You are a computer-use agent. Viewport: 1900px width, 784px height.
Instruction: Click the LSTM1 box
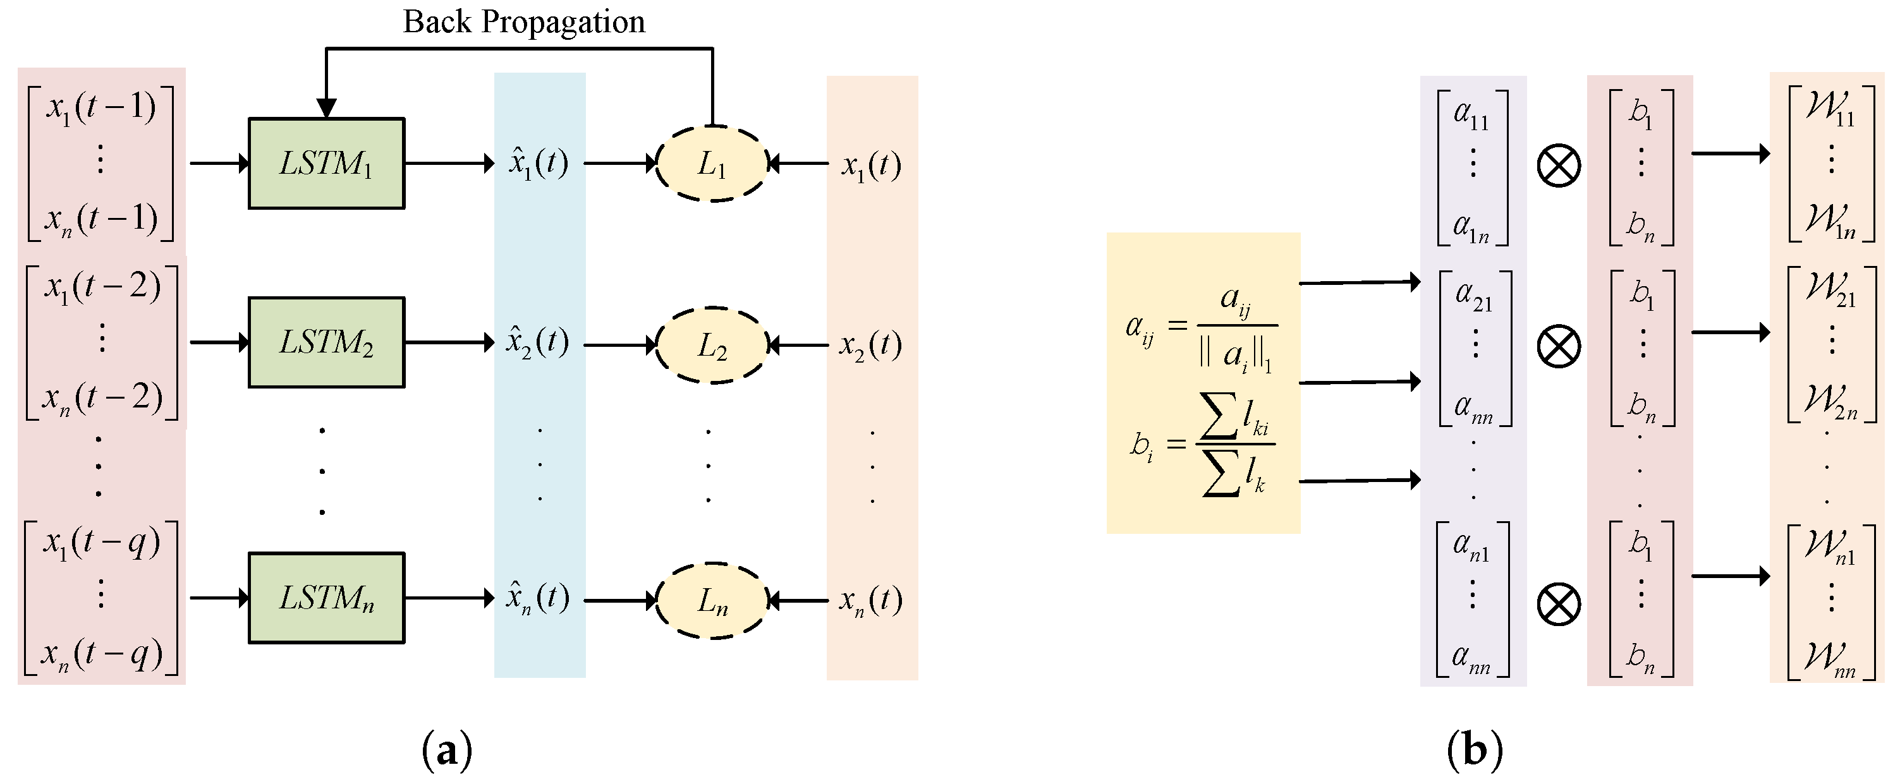[326, 163]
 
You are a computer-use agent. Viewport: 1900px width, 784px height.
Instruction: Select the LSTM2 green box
[326, 342]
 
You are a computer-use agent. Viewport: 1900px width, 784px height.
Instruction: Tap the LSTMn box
[326, 598]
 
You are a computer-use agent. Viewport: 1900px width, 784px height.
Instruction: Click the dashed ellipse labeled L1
[712, 164]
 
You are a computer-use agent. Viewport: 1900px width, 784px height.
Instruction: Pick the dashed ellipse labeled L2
[712, 345]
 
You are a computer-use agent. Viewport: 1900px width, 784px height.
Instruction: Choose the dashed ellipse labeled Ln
[712, 600]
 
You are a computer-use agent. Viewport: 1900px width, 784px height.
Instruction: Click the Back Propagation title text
[524, 22]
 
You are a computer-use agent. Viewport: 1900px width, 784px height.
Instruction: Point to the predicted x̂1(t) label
[539, 163]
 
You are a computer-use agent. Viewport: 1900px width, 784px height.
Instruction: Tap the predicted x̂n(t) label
[538, 598]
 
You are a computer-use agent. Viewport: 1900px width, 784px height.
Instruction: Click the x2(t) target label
[870, 344]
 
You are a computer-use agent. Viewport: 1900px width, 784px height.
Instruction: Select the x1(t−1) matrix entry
[101, 107]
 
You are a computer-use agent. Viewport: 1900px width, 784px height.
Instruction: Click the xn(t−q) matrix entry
[101, 653]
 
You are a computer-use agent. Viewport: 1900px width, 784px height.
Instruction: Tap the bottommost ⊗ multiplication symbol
[1559, 605]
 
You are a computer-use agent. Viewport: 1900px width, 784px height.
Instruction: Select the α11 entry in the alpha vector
[1471, 115]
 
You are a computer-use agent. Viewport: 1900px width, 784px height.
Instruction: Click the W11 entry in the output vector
[1830, 109]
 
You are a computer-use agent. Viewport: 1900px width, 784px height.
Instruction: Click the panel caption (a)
[447, 751]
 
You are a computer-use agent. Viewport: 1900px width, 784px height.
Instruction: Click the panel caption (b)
[1475, 751]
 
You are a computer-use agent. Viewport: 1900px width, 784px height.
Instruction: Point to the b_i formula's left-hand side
[1141, 445]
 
